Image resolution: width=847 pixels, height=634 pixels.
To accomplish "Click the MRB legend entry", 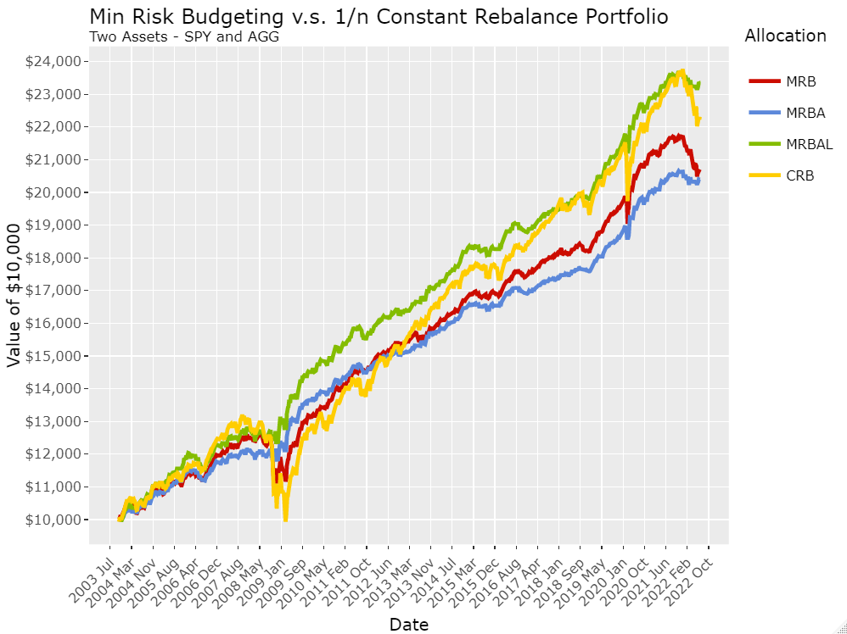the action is click(782, 81).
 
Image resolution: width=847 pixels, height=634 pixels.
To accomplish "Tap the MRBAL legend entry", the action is click(791, 144).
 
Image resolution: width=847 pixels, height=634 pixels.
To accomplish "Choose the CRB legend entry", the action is click(781, 175).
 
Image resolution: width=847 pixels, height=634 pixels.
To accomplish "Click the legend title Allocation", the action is click(785, 36).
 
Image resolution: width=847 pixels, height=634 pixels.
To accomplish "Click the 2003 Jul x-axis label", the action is click(91, 580).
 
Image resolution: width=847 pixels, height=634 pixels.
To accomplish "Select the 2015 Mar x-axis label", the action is click(455, 580).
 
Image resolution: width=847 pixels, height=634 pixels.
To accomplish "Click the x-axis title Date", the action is click(409, 625).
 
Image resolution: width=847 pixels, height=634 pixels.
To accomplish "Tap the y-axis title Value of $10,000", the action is click(14, 296).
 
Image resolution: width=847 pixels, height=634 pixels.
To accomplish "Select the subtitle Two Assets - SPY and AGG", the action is click(184, 36).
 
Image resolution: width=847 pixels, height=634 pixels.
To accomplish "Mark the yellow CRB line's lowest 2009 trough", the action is click(285, 519).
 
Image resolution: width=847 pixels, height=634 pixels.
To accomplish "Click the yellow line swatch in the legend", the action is click(765, 175).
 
